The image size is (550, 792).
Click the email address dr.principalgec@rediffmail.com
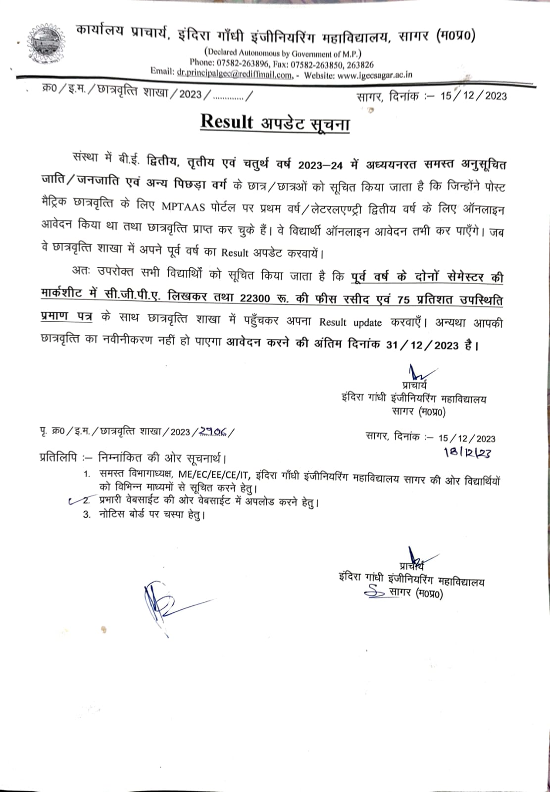click(x=234, y=75)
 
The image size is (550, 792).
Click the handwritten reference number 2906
click(x=213, y=431)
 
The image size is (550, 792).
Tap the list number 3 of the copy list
click(x=87, y=515)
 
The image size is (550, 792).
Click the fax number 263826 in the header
click(x=361, y=64)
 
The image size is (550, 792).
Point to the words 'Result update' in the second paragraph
click(x=350, y=323)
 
